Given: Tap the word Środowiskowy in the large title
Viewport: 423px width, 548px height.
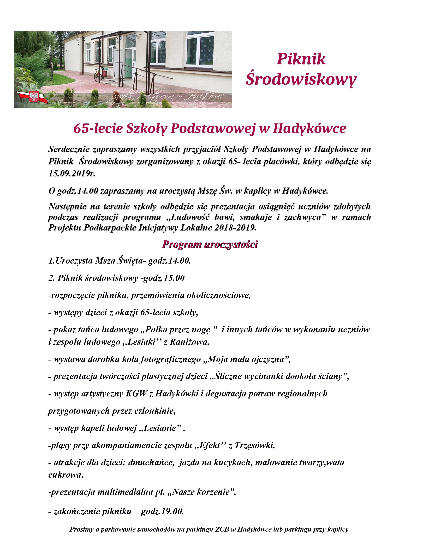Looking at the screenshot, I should click(301, 79).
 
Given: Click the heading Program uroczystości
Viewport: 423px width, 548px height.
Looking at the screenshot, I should click(210, 244).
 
